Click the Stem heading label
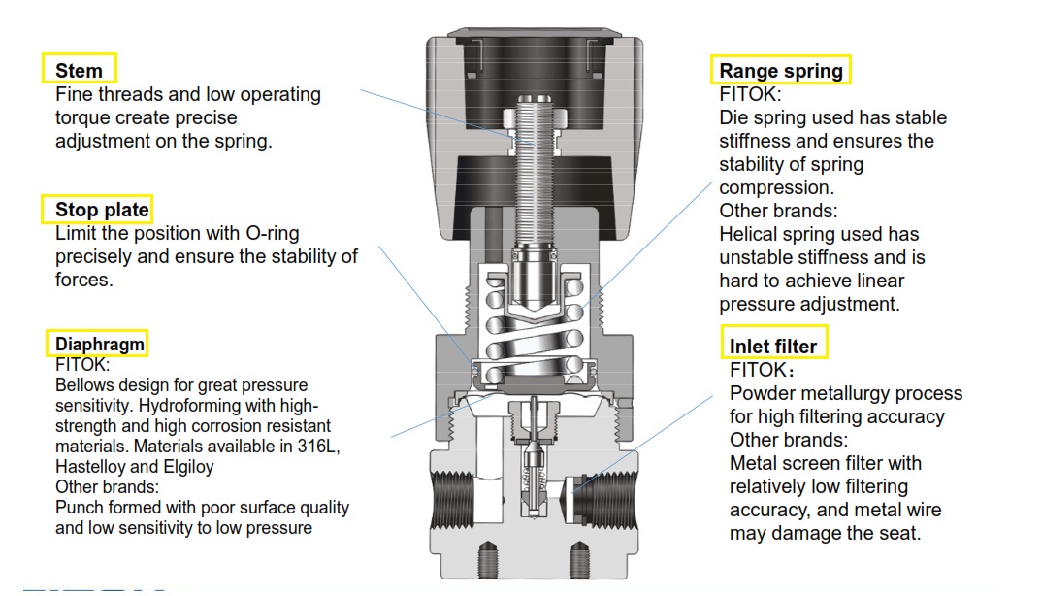coord(79,70)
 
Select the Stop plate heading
coord(102,210)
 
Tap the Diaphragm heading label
coord(99,344)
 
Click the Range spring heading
coord(781,71)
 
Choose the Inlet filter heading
coord(773,347)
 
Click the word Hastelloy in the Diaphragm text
coord(96,467)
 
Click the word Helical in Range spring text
coord(751,234)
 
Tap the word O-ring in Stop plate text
coord(266,233)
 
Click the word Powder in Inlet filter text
coord(763,393)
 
